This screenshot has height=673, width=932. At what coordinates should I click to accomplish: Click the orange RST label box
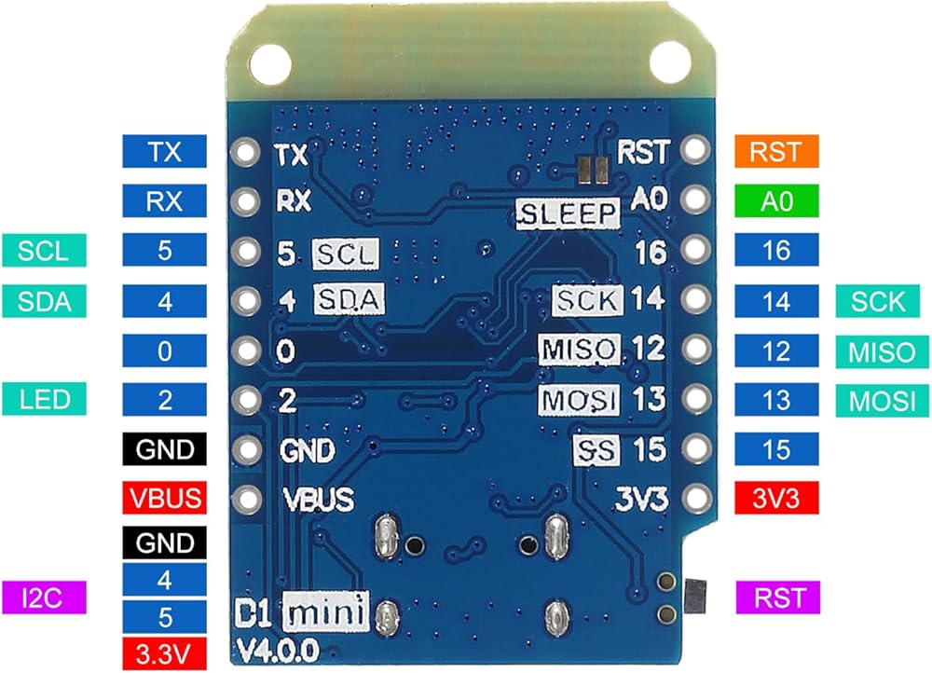tap(776, 151)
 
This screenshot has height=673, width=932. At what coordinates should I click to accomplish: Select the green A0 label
tap(776, 201)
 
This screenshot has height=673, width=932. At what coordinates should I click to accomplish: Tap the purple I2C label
tap(44, 597)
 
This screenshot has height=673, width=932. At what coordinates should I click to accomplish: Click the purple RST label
tap(778, 597)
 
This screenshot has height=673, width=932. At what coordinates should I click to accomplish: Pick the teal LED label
tap(44, 399)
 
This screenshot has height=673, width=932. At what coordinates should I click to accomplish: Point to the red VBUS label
tap(165, 498)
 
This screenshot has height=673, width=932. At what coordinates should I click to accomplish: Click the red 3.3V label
tap(165, 654)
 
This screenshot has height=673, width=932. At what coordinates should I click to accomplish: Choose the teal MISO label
tap(882, 352)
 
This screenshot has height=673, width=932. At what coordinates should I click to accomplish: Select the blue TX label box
tap(165, 151)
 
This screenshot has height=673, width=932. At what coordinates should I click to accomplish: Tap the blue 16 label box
tap(776, 250)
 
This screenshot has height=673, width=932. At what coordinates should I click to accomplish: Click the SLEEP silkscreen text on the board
tap(567, 214)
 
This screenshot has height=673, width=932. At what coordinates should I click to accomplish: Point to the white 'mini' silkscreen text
tap(325, 611)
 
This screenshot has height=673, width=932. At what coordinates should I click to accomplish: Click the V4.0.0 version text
tap(278, 651)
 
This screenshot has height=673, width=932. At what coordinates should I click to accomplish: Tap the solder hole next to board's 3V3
tap(696, 498)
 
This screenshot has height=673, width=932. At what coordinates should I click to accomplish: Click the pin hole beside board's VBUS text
tap(246, 498)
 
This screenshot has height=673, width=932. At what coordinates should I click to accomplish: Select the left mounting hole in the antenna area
tap(270, 63)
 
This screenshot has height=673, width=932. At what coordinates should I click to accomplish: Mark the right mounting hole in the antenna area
tap(670, 62)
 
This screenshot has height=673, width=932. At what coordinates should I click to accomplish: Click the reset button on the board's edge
tap(695, 597)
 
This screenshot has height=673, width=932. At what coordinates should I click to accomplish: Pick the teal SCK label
tap(878, 301)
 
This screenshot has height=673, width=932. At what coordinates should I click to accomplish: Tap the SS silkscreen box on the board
tap(596, 449)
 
